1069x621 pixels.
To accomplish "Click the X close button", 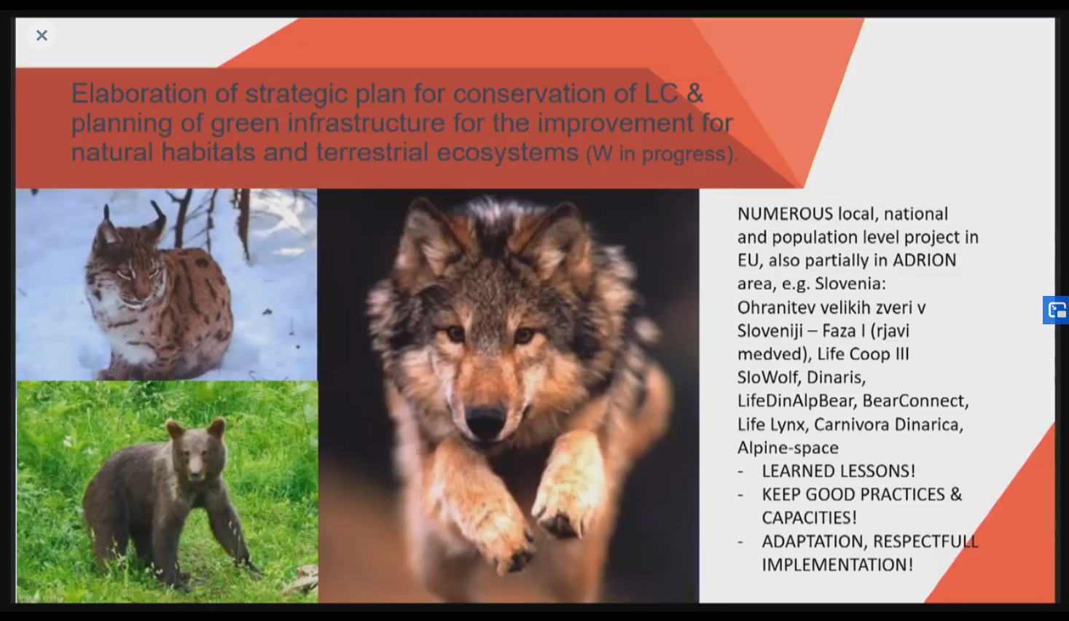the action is point(42,35).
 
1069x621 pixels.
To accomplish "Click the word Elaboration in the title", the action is point(139,93).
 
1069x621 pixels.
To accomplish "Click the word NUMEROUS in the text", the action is point(785,214).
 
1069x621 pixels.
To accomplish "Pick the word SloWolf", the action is point(768,377).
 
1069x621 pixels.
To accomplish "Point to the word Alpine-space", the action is point(788,448).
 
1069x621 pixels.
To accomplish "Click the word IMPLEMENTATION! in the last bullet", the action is point(837,565).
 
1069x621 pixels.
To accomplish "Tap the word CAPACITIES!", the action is point(810,517).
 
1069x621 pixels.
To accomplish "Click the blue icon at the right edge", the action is point(1057,310).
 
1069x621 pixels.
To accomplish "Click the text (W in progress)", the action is point(662,154).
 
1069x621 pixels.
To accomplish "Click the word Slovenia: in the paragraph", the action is point(850,284).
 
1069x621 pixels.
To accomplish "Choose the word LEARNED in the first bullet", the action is point(796,471).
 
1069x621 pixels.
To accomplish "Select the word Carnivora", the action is point(847,424).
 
